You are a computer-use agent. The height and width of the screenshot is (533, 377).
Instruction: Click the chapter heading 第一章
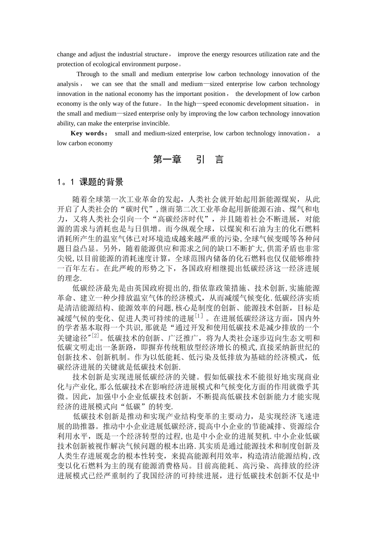[167, 160]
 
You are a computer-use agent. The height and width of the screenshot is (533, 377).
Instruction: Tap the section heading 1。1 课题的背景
[90, 182]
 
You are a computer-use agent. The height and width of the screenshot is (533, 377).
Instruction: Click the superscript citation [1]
[199, 316]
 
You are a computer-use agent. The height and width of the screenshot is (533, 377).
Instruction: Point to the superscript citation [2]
[95, 336]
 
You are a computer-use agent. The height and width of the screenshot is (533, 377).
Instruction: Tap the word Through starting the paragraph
[88, 74]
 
